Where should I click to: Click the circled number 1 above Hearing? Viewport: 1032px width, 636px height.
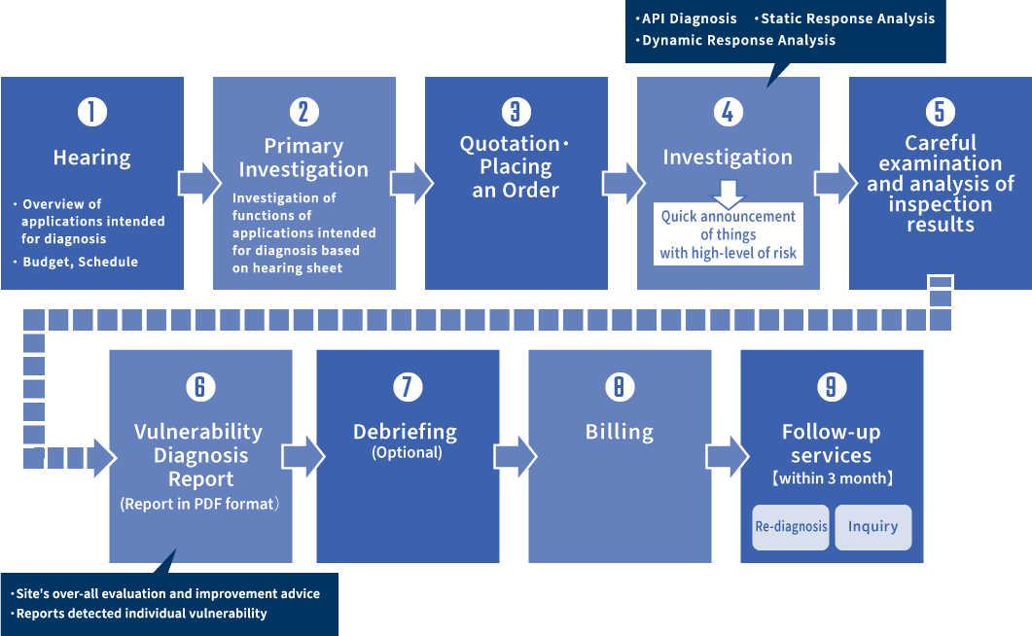[92, 112]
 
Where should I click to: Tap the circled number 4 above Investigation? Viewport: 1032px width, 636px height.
[728, 112]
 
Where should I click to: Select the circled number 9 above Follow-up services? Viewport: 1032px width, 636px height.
[832, 387]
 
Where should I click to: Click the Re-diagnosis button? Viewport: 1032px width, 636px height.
[791, 527]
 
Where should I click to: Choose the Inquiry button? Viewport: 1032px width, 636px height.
[873, 527]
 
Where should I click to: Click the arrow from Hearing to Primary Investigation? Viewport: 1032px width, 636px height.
[199, 183]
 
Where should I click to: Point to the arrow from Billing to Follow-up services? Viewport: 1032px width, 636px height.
[728, 456]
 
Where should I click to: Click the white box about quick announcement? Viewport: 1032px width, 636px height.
[728, 234]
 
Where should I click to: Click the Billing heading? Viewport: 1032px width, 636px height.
[620, 432]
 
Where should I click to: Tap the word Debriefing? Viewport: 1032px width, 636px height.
[406, 432]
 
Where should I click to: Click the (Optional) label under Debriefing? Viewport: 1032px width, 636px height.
[407, 452]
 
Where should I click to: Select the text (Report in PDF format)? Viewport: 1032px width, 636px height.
[199, 504]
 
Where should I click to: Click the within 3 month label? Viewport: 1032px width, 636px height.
[832, 478]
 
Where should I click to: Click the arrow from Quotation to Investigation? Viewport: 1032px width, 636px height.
[623, 183]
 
